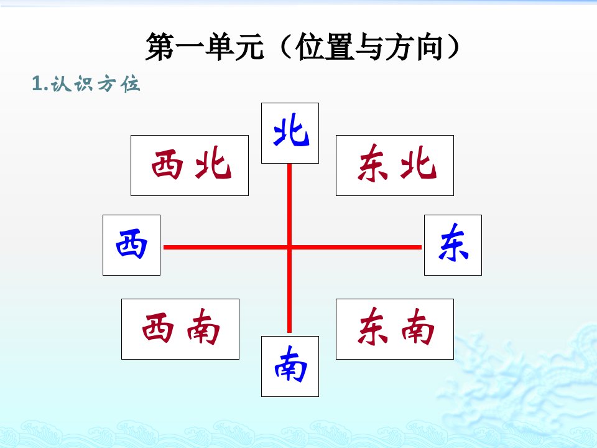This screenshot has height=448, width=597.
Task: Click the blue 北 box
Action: pos(290,133)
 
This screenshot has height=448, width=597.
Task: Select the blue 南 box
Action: pos(290,366)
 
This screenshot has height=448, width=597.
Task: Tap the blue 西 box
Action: pos(131,245)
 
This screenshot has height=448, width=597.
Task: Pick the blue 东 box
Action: pos(453,245)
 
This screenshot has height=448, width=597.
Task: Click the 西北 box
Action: pos(190,166)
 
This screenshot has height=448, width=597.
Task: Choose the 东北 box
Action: pos(395,166)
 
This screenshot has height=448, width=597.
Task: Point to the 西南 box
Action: pos(180,329)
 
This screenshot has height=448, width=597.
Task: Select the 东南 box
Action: pos(395,329)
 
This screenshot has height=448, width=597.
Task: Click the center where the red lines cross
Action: pos(289,247)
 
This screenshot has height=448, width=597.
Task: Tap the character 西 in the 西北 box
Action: pos(167,164)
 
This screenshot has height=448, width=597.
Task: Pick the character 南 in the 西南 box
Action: pos(203,327)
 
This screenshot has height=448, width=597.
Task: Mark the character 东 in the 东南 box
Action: pos(373,327)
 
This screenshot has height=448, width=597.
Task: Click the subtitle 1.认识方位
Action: pos(86,83)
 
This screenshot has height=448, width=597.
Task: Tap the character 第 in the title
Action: pos(160,47)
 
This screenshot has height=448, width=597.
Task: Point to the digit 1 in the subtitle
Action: pos(37,83)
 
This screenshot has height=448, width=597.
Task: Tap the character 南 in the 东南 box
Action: pos(418,327)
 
